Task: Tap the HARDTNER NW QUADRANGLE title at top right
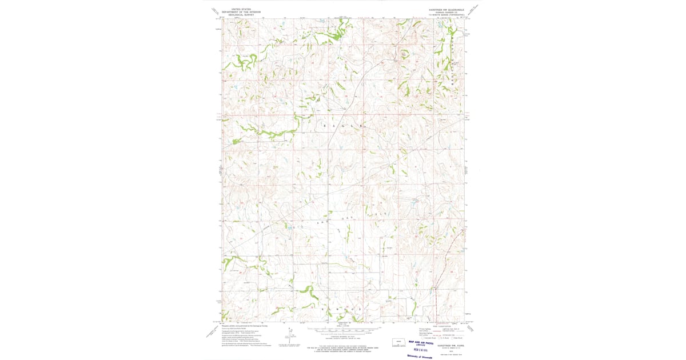(x=450, y=10)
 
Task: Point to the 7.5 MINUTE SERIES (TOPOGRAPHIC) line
(x=450, y=15)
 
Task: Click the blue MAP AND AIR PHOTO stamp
(x=422, y=342)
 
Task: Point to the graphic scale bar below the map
(x=343, y=330)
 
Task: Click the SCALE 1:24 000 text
(x=343, y=326)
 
